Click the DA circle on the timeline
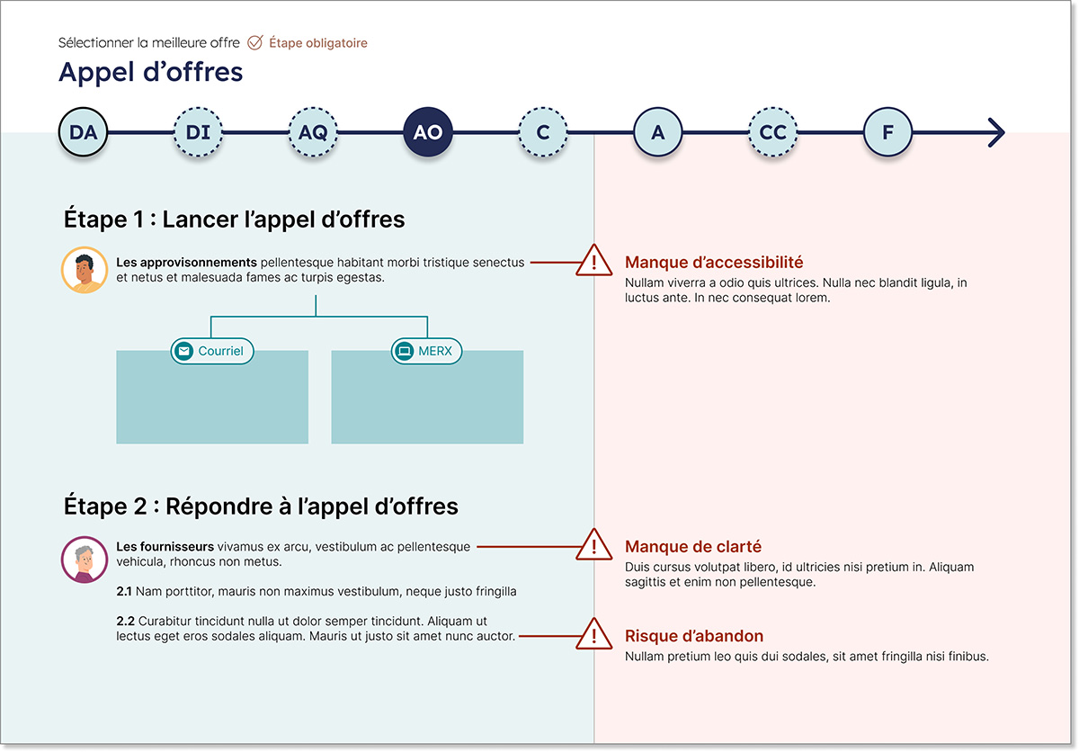point(83,132)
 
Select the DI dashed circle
point(198,132)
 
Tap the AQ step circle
point(313,132)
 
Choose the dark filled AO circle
point(428,132)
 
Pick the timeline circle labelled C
point(543,132)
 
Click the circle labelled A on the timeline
point(658,132)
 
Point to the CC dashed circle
point(772,132)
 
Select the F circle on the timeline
point(887,132)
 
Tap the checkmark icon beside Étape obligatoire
point(254,42)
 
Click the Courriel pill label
point(212,351)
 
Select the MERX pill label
point(426,351)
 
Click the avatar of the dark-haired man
point(85,270)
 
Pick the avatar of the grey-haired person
point(85,560)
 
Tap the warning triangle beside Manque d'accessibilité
point(594,261)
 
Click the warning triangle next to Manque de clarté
point(594,545)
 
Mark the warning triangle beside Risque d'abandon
point(594,634)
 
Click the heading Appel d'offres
point(151,72)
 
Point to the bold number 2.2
point(125,621)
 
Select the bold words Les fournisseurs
point(165,547)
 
